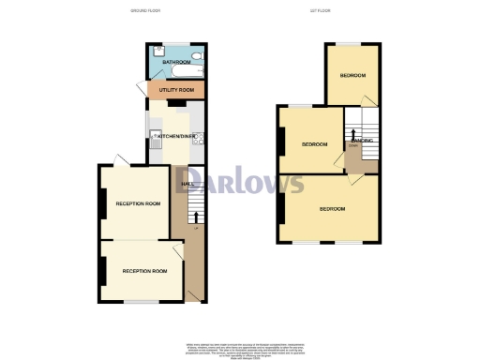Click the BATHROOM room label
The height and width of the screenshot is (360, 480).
pos(175,63)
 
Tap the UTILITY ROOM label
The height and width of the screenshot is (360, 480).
pos(175,90)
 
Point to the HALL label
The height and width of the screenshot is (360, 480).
pos(186,184)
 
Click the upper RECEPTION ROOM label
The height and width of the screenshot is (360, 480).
pos(138,202)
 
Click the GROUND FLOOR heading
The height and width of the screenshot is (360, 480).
pos(144,11)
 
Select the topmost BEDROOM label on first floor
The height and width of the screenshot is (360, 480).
pos(352,75)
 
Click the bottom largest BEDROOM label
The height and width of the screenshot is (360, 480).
pos(332,208)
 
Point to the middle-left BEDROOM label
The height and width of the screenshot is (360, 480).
pos(314,144)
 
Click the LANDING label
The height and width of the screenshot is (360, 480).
pos(361,141)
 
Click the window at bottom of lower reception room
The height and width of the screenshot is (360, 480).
pos(140,301)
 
